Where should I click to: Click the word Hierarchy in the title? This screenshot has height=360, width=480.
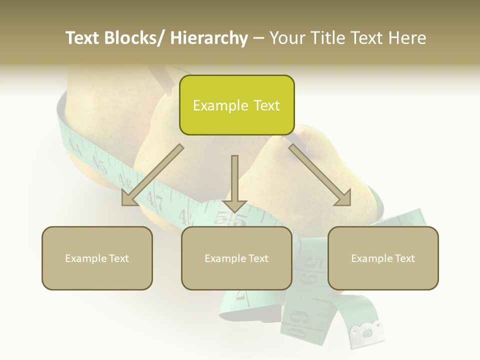click(209, 38)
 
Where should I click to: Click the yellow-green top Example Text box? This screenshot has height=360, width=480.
click(236, 105)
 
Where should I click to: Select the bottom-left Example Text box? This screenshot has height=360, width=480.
click(97, 258)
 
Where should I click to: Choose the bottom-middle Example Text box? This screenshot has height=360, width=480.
click(236, 258)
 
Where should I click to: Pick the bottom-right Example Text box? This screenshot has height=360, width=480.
click(383, 258)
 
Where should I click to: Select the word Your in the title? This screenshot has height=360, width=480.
click(286, 38)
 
